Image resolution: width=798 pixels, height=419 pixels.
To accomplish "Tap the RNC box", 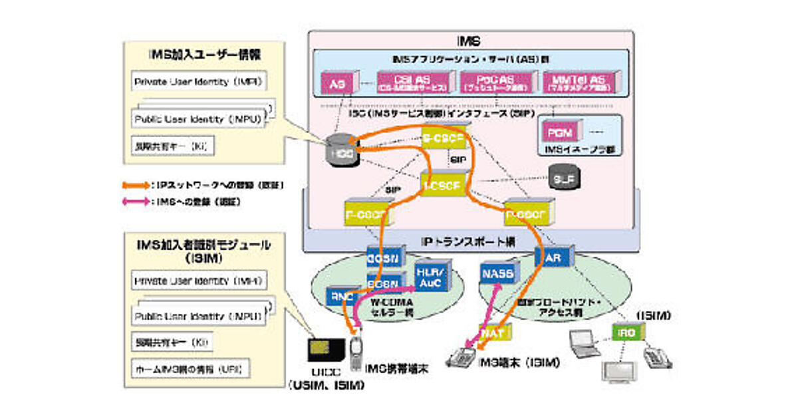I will pos(340,297).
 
